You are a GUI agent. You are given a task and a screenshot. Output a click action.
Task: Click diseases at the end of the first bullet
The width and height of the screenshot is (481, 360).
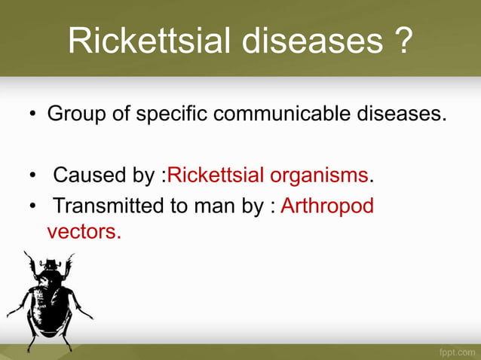coord(399,115)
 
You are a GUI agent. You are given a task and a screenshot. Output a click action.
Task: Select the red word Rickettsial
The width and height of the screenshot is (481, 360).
coord(216,176)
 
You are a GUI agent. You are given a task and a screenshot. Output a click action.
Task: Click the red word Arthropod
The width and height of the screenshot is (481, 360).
coord(327,206)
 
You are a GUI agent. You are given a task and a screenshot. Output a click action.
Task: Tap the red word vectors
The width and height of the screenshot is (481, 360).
coord(83,231)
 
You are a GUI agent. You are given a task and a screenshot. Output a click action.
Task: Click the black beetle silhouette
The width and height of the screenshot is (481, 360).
coord(49,301)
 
